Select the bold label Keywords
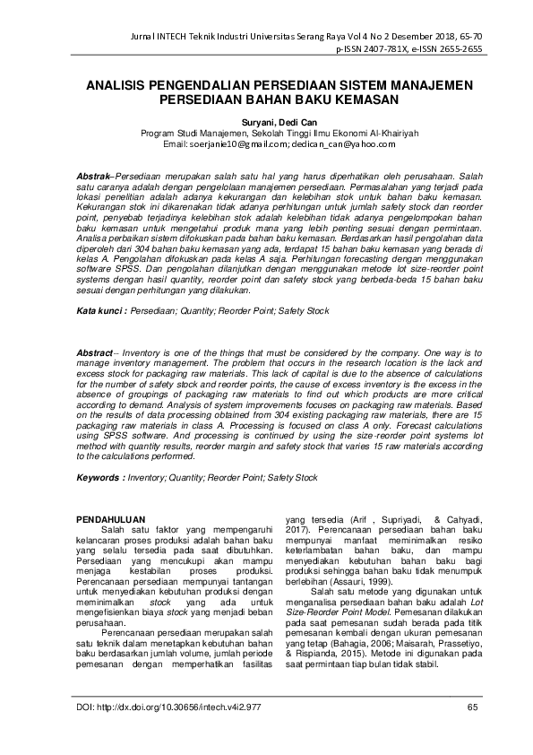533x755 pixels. click(x=100, y=478)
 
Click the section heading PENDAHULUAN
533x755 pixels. click(x=111, y=519)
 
